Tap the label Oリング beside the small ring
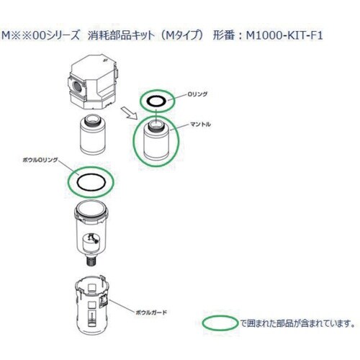click(x=197, y=93)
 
